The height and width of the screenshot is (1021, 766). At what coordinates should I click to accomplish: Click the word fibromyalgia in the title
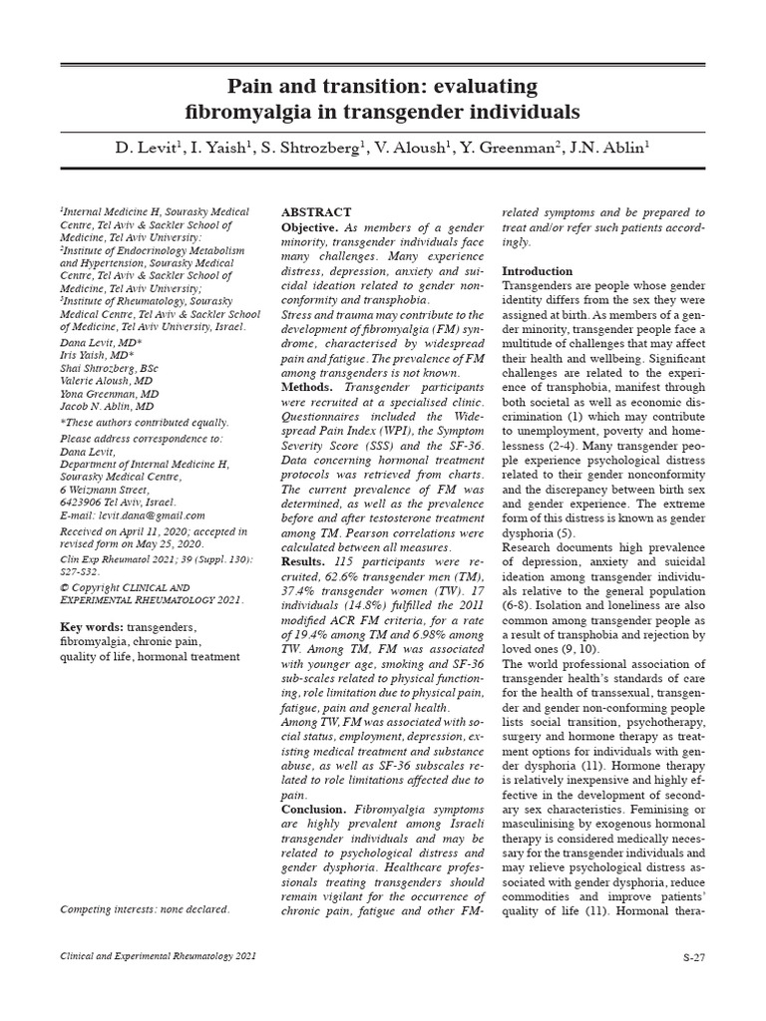250,110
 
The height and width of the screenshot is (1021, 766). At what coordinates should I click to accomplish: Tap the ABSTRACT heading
316,212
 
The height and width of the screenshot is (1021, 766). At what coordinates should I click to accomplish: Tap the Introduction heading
537,271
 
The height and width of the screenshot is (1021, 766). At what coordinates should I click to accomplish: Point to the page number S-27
693,957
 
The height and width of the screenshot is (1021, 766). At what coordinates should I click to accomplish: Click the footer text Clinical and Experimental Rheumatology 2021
158,956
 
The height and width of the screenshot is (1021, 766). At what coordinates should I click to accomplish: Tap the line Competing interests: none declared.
145,908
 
